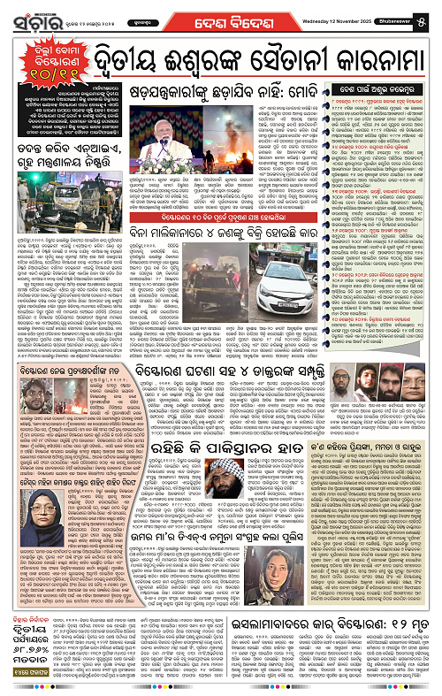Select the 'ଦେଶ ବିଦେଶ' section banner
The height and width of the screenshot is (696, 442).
[x=217, y=13]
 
